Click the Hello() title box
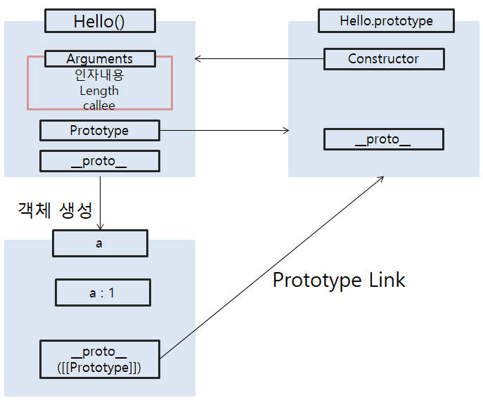click(x=99, y=21)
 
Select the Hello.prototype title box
click(x=386, y=21)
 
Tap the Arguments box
click(x=99, y=58)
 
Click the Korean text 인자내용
click(x=99, y=75)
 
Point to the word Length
click(x=99, y=90)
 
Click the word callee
click(x=99, y=105)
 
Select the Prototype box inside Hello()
click(x=99, y=130)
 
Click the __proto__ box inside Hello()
click(x=99, y=161)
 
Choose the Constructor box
click(x=384, y=59)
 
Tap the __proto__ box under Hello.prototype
click(x=384, y=139)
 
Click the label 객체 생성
click(x=54, y=209)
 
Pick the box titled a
click(x=99, y=244)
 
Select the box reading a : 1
click(x=103, y=292)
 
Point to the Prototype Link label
click(x=339, y=280)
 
